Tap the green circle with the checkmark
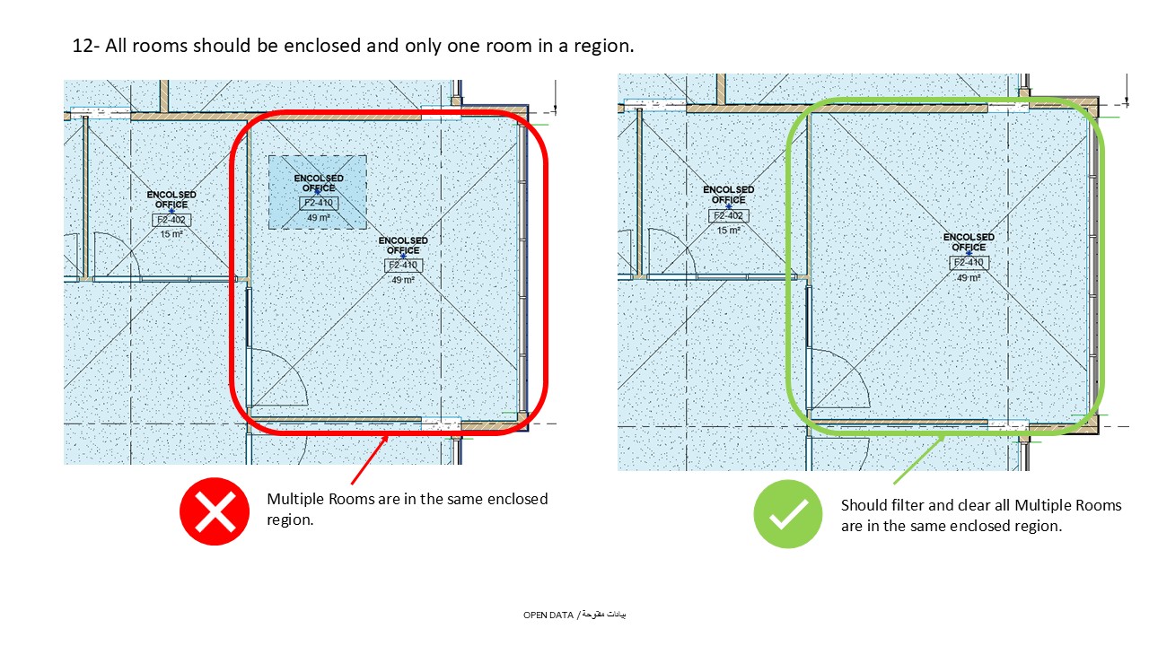pos(787,514)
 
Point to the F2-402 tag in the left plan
pos(171,220)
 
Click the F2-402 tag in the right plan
pos(728,215)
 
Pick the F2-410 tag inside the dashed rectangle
pos(318,203)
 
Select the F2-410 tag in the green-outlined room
pos(968,262)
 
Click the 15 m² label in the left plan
pos(171,234)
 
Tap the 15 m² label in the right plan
pos(728,230)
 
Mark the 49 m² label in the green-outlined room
pos(968,277)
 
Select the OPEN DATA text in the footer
pos(549,615)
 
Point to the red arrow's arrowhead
pos(387,439)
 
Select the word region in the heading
pos(603,46)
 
